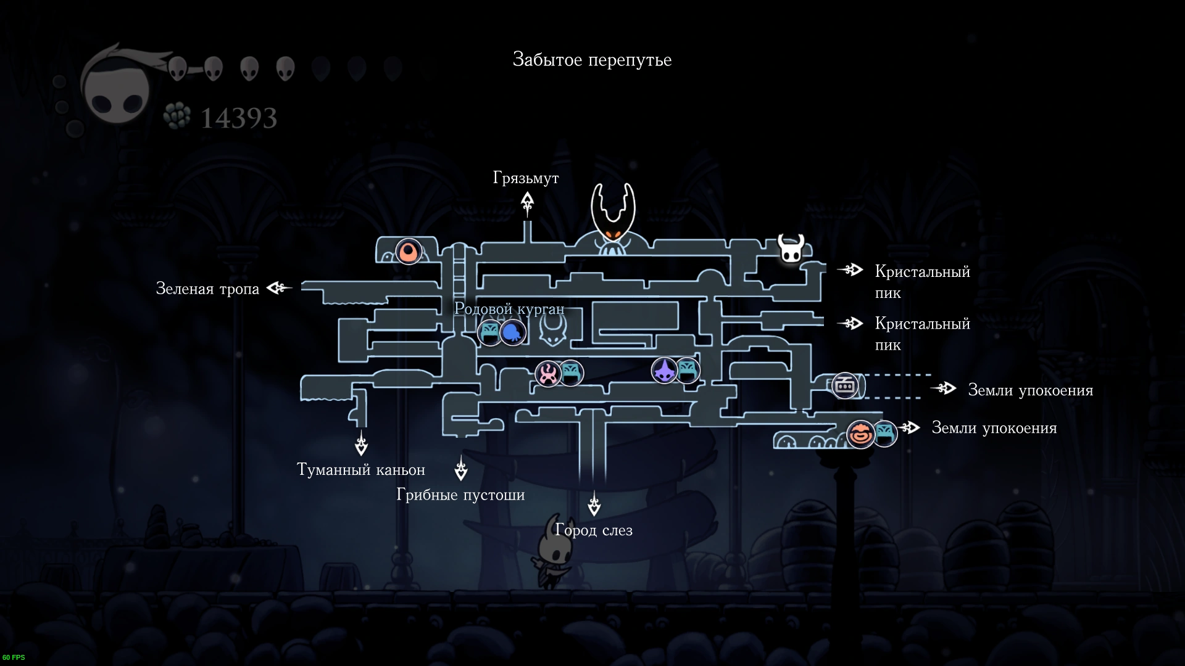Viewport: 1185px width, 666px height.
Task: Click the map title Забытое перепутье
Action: click(592, 60)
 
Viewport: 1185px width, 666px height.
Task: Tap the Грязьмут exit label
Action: click(526, 178)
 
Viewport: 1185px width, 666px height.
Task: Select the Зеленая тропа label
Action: click(207, 289)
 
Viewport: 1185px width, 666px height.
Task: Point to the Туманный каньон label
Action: click(361, 470)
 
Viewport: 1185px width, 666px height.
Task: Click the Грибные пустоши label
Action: click(460, 495)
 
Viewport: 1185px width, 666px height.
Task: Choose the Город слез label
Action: click(594, 530)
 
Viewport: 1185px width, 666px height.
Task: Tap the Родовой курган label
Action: click(509, 308)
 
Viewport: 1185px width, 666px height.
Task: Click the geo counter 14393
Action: click(239, 118)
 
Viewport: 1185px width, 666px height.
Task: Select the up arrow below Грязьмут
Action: click(527, 204)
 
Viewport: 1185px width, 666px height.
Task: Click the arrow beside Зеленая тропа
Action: click(278, 287)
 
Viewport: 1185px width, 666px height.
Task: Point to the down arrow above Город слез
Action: click(594, 504)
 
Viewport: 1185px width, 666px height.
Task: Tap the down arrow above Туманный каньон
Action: click(362, 443)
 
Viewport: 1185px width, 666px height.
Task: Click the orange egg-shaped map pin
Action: click(408, 252)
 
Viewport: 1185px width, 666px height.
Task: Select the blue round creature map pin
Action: click(512, 333)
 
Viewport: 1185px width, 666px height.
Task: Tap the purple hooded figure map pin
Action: click(665, 371)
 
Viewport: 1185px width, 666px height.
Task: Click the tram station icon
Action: click(845, 386)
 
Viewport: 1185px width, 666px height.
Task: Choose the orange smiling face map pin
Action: click(860, 434)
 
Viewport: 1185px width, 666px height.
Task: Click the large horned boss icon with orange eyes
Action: click(613, 220)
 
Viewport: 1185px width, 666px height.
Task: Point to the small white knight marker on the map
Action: click(791, 249)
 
